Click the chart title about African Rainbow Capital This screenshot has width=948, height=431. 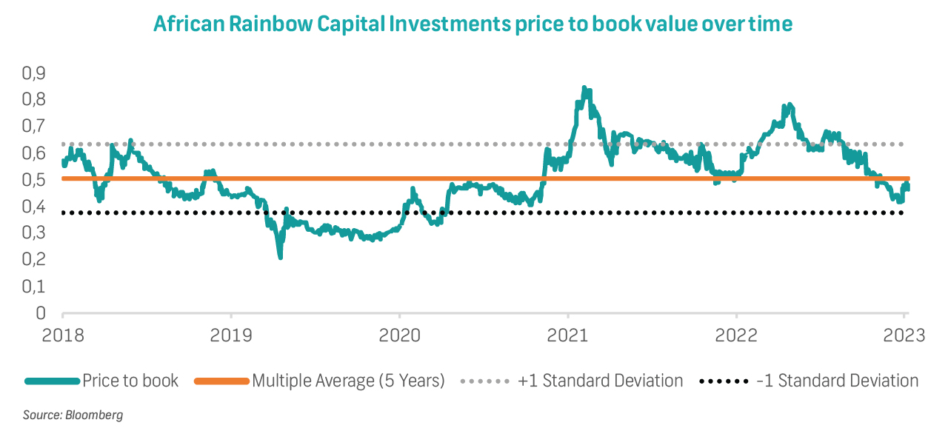(x=473, y=24)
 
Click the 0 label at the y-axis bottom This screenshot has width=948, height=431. (x=40, y=313)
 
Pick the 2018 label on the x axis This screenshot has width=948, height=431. (x=62, y=335)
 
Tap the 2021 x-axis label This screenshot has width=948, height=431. (x=567, y=335)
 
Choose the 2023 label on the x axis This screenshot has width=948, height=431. (x=904, y=335)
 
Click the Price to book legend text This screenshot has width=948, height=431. (x=130, y=381)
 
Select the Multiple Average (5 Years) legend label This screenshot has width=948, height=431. (x=348, y=381)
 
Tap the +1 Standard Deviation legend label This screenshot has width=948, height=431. (x=601, y=381)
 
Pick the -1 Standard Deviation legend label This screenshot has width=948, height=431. (x=838, y=381)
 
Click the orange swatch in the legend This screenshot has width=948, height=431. (x=221, y=381)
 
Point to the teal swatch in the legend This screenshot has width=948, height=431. (x=52, y=381)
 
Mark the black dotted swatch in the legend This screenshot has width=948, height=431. (x=724, y=381)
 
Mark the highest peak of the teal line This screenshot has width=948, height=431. (x=584, y=89)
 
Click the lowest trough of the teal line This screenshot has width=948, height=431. (x=281, y=257)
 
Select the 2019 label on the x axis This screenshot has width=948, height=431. (x=230, y=335)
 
